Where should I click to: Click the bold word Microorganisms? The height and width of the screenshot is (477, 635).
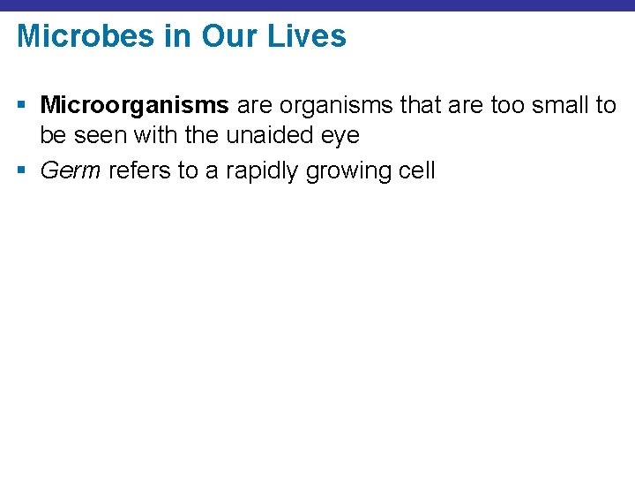[x=135, y=106]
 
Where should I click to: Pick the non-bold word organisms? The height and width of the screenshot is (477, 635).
[x=339, y=106]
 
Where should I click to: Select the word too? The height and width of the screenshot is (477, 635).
[x=495, y=106]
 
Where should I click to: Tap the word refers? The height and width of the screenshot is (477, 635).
[x=139, y=170]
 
